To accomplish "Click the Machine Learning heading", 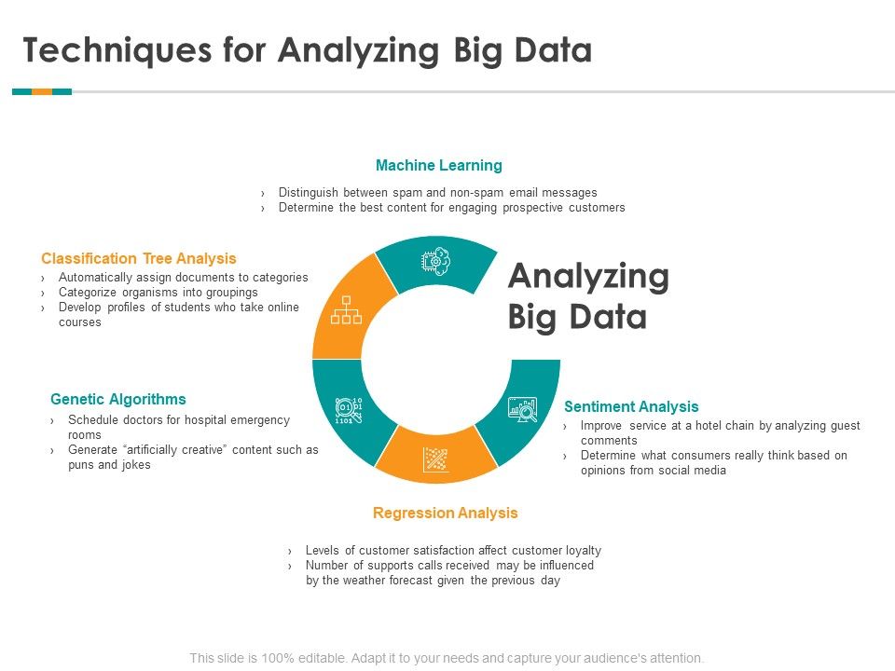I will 438,166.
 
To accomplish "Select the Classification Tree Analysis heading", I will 139,258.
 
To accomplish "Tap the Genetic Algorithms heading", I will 118,399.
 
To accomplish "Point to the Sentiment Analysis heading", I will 631,406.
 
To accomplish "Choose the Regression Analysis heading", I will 445,513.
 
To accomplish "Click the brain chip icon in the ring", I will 436,262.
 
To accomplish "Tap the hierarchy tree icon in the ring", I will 346,310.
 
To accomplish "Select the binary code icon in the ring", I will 349,409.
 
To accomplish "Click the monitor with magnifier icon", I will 522,408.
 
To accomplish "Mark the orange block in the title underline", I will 42,91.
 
